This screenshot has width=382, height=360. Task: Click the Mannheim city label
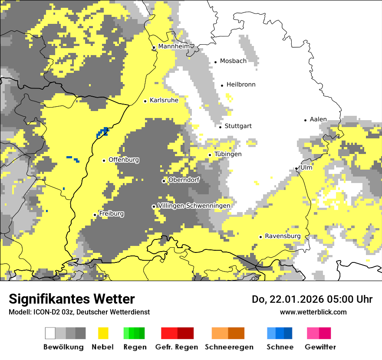pos(174,46)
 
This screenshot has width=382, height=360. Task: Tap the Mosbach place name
pos(233,61)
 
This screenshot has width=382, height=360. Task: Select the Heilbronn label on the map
pos(241,85)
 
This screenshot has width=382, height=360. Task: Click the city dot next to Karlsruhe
pos(145,101)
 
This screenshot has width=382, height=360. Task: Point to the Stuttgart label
pos(238,126)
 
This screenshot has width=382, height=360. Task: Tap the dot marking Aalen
pos(306,120)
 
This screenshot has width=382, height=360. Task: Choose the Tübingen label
pos(228,154)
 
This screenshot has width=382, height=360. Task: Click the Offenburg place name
pos(124,160)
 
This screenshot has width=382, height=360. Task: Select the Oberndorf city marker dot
pos(164,181)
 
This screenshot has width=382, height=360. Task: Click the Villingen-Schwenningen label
pos(194,206)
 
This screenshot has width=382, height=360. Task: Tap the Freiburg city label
pos(111,214)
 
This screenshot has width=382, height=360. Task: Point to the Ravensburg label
pos(283,236)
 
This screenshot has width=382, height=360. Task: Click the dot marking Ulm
pos(296,168)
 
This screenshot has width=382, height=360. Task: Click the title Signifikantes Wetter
pos(72,299)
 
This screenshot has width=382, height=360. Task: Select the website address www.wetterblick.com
pos(313,312)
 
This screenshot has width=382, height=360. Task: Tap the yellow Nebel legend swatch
pos(103,333)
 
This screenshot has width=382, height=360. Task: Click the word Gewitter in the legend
pos(320,347)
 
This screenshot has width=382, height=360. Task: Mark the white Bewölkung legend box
pos(50,333)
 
